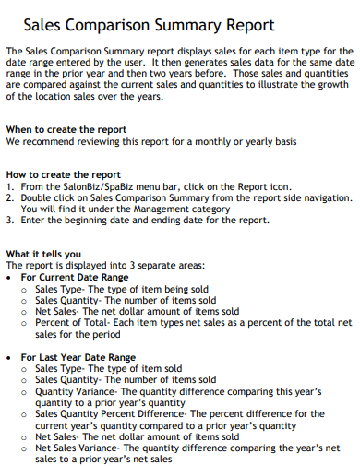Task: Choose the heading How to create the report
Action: [x=63, y=174]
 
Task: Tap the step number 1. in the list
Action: [x=10, y=185]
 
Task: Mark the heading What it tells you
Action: [x=43, y=254]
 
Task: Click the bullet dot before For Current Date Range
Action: [x=9, y=277]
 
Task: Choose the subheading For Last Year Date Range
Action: [x=78, y=357]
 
